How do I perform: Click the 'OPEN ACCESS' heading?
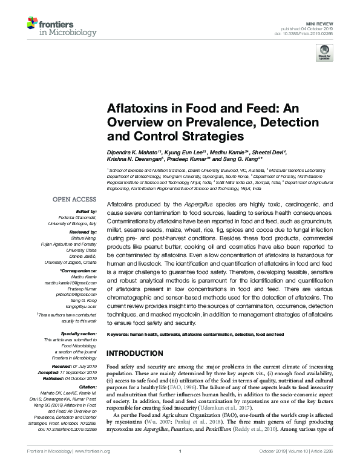pos(74,199)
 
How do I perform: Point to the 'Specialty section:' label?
pos(78,333)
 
